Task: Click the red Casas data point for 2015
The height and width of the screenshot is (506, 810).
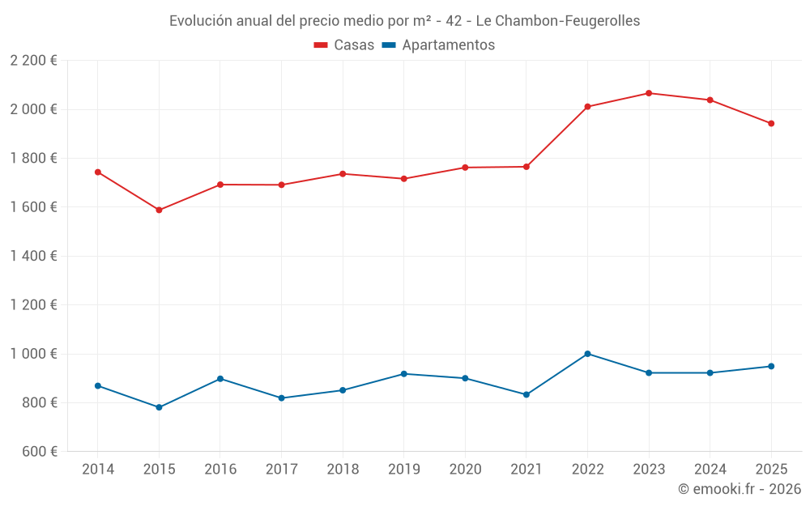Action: pos(159,210)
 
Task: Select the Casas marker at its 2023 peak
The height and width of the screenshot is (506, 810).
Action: pos(649,93)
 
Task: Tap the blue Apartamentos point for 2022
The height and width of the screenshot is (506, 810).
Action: pos(587,354)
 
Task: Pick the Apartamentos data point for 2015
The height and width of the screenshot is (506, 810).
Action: pos(159,407)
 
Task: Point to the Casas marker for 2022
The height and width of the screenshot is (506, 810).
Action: pos(587,106)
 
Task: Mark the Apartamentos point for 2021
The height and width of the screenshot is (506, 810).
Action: pos(526,394)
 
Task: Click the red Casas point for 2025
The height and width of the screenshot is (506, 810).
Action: pos(771,123)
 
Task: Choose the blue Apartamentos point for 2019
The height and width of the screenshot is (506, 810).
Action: pos(403,373)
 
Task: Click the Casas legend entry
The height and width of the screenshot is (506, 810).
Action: pos(344,45)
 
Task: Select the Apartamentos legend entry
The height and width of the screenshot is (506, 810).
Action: pos(438,45)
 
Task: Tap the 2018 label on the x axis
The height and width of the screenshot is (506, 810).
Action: pos(342,470)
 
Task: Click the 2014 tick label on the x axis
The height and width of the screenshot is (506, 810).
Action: pos(97,470)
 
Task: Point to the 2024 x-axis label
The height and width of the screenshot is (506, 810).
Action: pos(710,470)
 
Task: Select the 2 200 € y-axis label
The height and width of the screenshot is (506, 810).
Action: pos(33,61)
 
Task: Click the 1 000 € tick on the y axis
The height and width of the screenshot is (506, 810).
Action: pos(33,354)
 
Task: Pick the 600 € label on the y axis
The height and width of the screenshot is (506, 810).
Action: pos(39,452)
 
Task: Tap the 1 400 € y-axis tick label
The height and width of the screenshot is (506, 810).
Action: pos(33,256)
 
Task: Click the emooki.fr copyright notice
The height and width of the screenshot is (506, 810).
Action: pos(739,489)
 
